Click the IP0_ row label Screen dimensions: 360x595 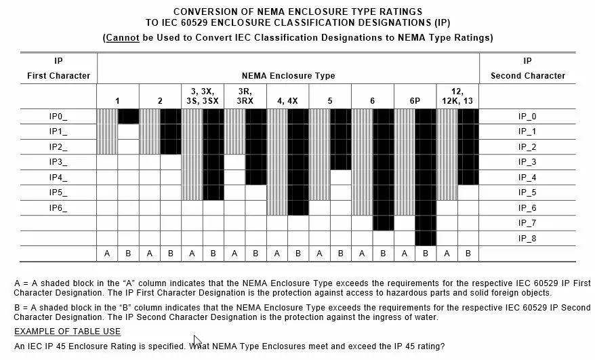point(58,117)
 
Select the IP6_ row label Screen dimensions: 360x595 point(58,208)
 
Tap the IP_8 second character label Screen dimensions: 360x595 point(527,238)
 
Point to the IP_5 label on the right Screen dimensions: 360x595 point(527,193)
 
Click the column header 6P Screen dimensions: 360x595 point(415,101)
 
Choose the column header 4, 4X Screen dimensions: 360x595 point(287,101)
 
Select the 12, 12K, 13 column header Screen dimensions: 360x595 point(457,96)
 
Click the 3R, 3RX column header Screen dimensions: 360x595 point(245,96)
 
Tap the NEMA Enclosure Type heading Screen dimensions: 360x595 point(288,76)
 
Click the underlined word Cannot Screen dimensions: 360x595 point(123,37)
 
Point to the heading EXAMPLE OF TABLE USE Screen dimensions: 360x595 point(68,332)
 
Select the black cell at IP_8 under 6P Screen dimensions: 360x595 point(425,238)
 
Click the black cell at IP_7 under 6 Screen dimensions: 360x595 point(383,223)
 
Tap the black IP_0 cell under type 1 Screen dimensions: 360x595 point(128,117)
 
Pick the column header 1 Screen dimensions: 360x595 point(117,101)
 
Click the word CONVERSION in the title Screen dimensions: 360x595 point(204,12)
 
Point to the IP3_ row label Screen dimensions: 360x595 point(58,162)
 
